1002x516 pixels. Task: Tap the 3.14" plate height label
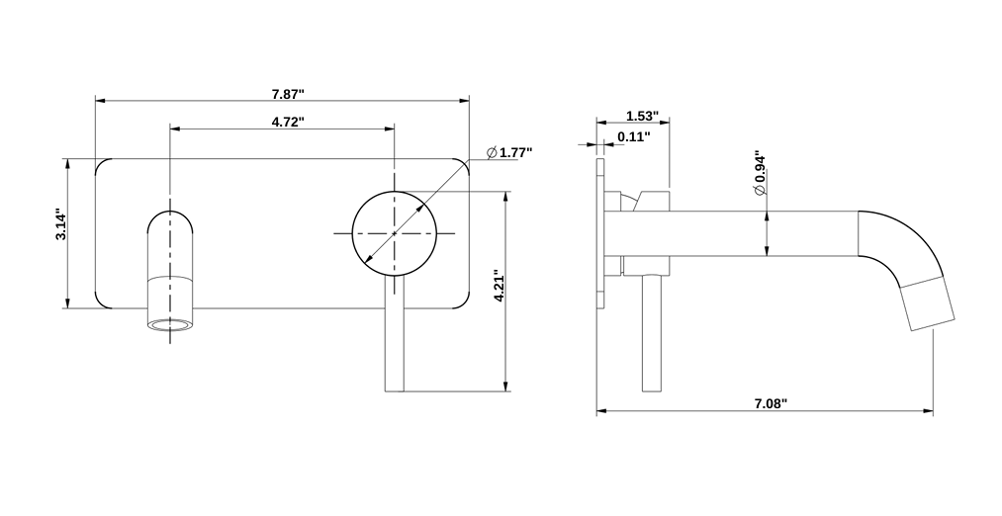(x=60, y=224)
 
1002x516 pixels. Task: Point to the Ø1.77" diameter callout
(x=509, y=152)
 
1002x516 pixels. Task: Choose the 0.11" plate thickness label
(x=633, y=137)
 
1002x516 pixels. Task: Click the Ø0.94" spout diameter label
(x=760, y=174)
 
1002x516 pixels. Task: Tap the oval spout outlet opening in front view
(x=171, y=324)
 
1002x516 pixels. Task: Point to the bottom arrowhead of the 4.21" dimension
(x=505, y=387)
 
